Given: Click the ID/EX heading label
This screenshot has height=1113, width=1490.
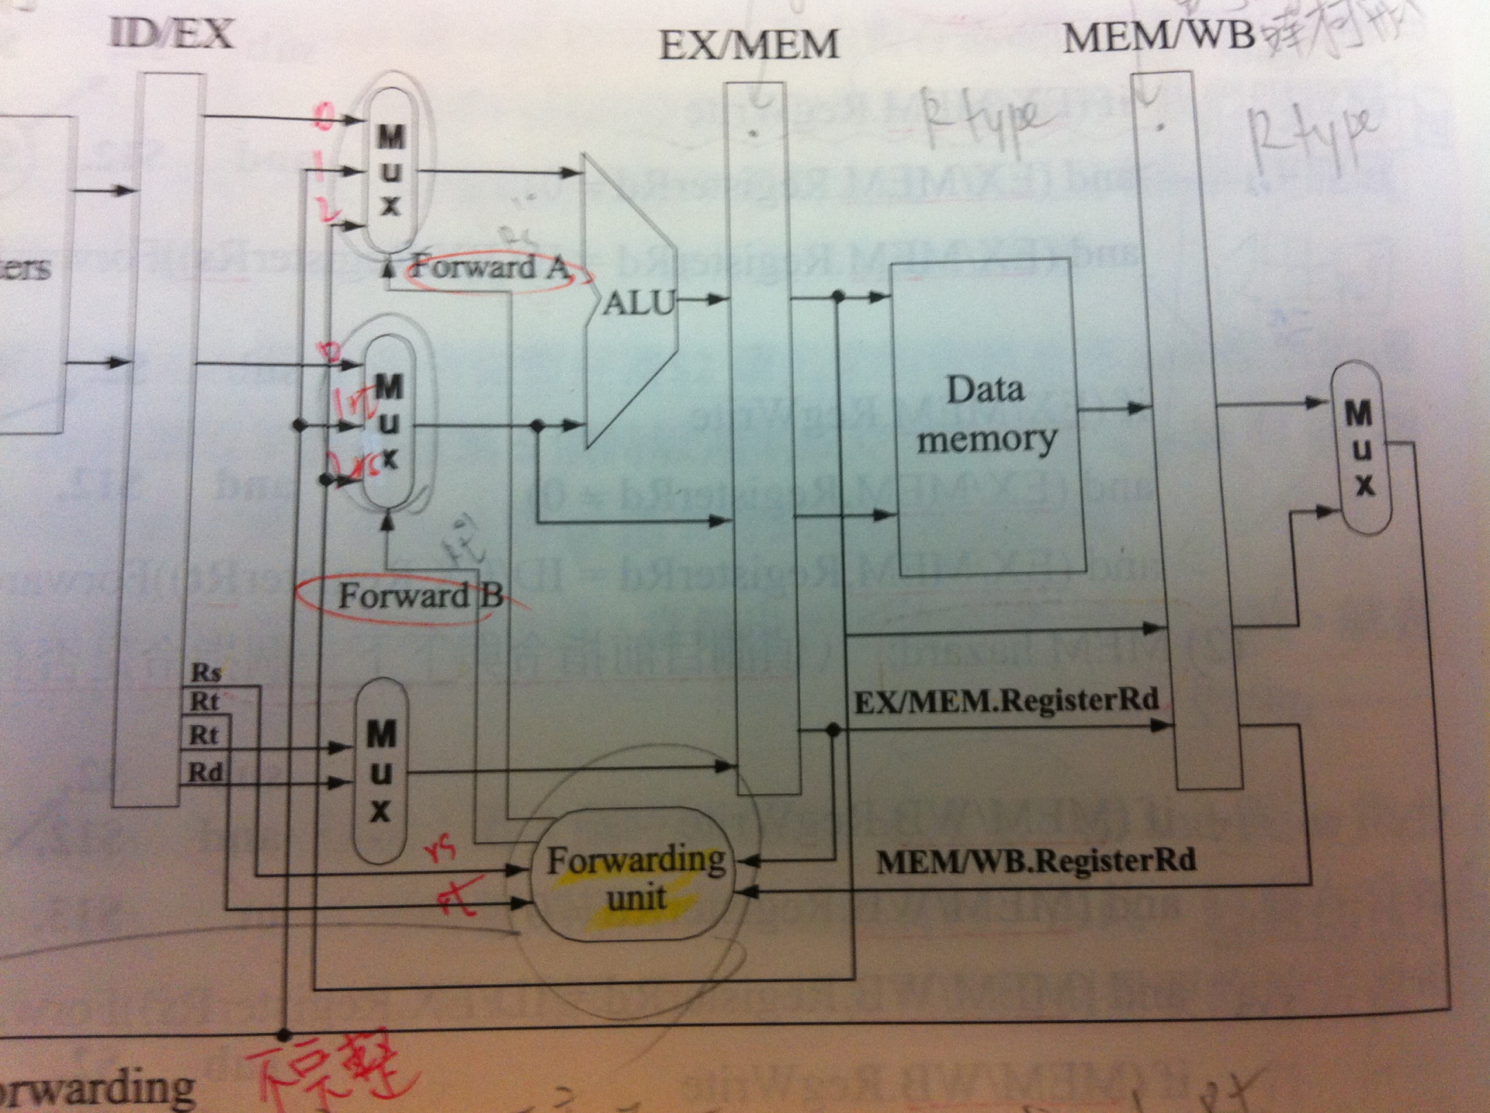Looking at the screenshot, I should [x=172, y=34].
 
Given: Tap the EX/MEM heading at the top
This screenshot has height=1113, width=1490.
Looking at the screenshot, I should [x=749, y=44].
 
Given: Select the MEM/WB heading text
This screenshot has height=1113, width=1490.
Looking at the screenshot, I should [x=1158, y=36].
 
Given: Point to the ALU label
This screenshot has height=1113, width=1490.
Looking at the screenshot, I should [x=639, y=303].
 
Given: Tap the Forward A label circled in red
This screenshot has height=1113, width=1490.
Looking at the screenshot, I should [x=489, y=269].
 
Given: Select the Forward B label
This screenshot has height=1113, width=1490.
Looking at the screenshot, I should [x=419, y=596].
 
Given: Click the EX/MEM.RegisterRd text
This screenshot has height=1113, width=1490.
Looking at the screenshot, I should [x=1007, y=701].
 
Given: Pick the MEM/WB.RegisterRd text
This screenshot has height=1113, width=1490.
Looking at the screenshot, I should [x=1036, y=861].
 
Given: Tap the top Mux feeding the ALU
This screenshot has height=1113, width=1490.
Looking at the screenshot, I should [x=390, y=170].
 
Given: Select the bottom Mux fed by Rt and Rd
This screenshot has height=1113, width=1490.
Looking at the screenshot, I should [x=381, y=771].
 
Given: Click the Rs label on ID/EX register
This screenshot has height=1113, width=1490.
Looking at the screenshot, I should [x=206, y=673].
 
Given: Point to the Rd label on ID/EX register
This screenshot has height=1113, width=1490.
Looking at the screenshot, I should [x=206, y=772].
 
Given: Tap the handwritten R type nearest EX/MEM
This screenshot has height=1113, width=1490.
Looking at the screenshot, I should [x=982, y=123].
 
